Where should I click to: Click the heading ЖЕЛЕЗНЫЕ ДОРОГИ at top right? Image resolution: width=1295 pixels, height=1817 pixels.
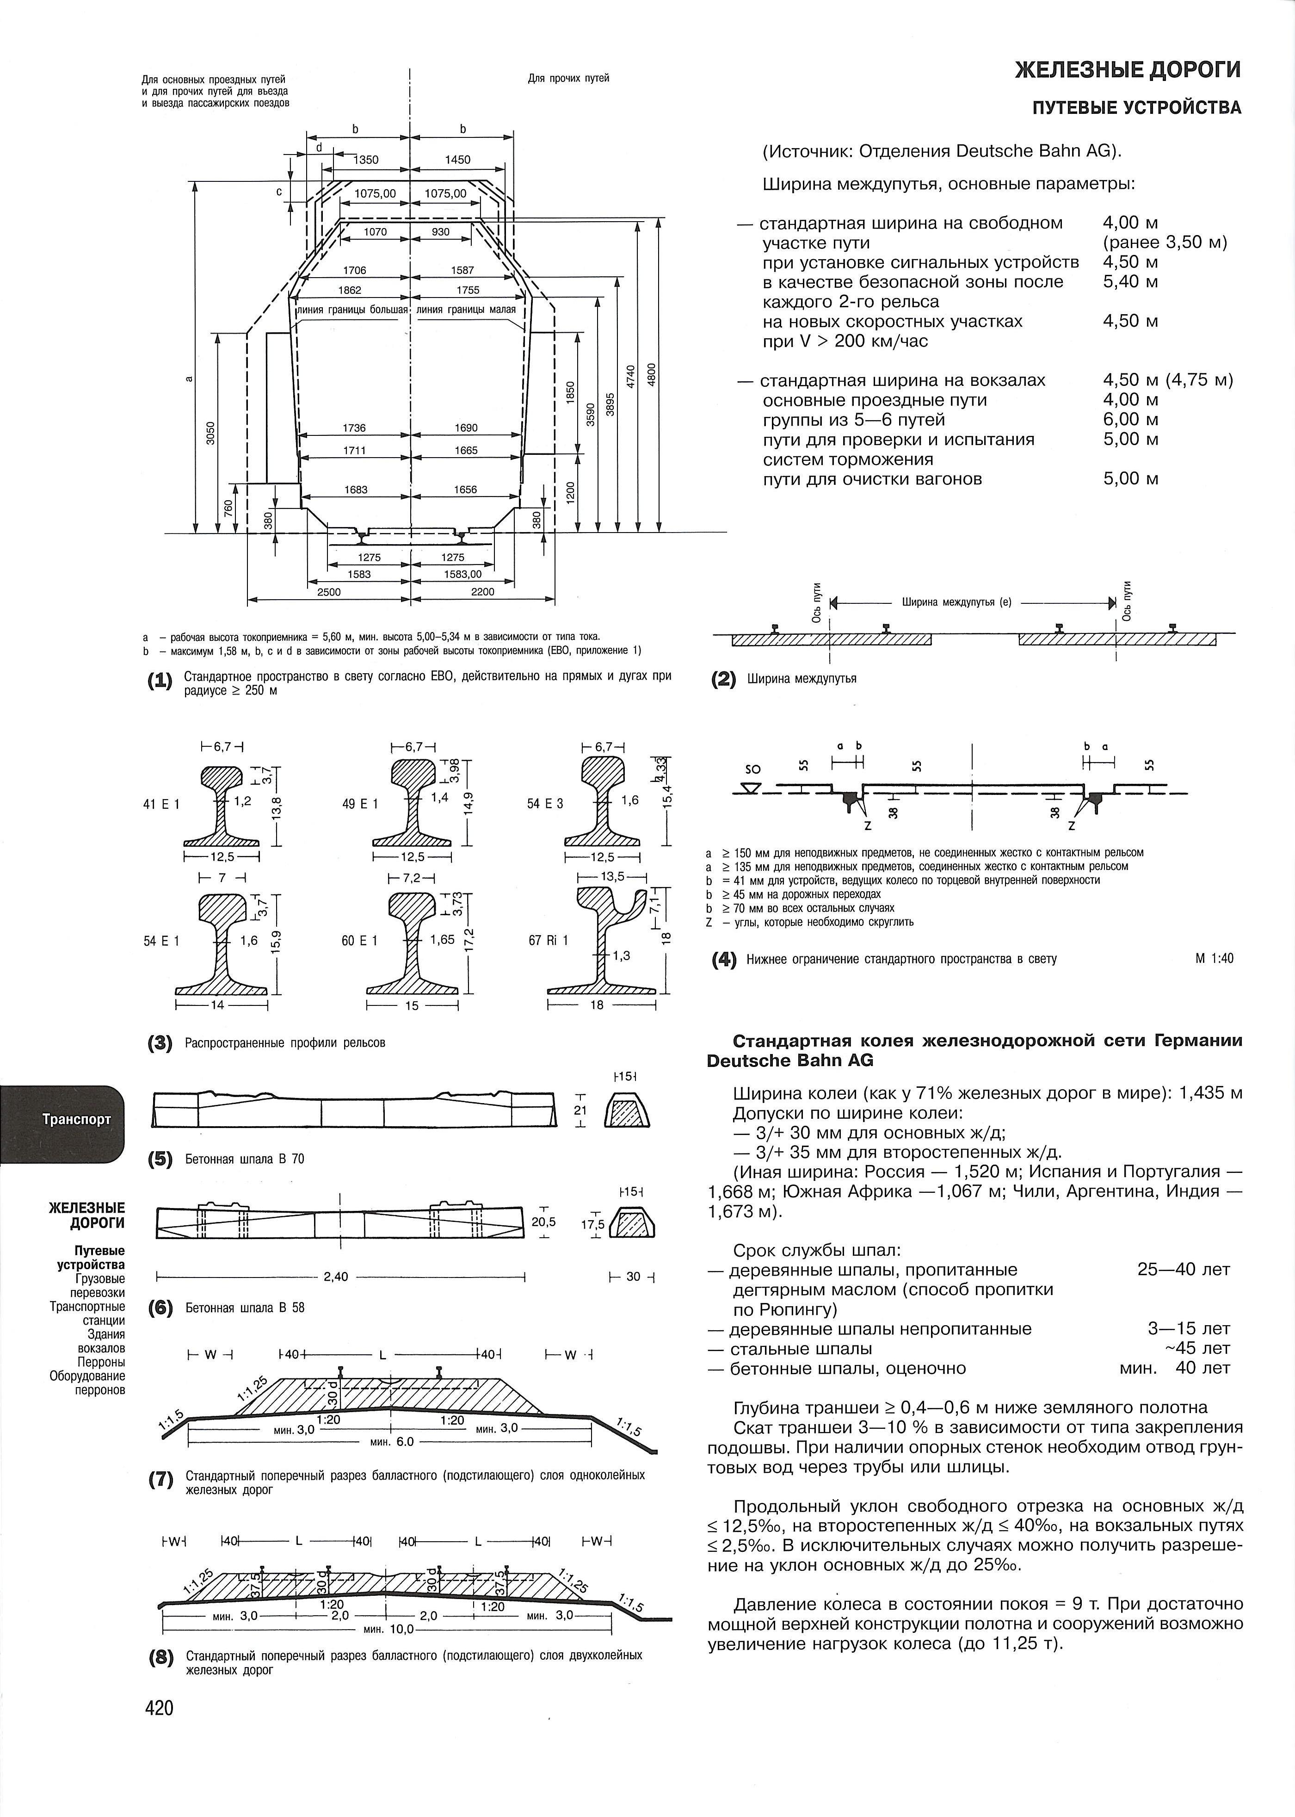tap(1128, 70)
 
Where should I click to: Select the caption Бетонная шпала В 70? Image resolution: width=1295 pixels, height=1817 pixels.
tap(245, 1159)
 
